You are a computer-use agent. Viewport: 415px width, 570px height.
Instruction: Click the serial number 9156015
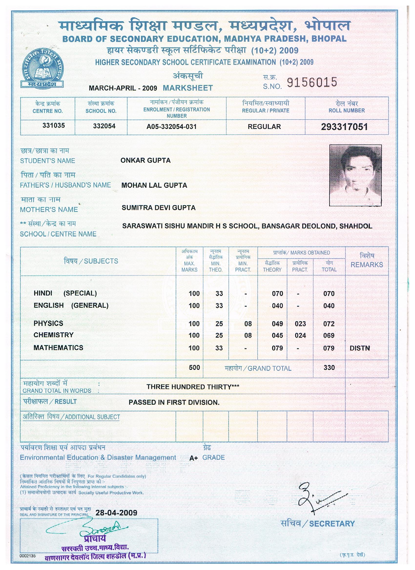[312, 82]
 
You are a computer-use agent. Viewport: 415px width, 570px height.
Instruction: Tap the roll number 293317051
[344, 127]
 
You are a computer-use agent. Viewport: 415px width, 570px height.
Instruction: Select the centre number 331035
[54, 125]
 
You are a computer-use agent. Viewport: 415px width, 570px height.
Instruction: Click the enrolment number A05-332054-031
[171, 127]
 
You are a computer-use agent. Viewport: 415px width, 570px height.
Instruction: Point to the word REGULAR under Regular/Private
[264, 127]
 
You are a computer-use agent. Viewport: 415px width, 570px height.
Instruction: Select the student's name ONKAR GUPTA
[145, 160]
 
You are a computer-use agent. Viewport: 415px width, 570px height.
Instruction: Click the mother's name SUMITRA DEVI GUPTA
[158, 207]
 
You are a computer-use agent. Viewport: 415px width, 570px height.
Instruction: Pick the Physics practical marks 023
[300, 324]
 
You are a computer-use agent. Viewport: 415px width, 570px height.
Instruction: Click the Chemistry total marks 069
[329, 335]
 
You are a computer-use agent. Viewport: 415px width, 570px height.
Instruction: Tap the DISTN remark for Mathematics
[360, 348]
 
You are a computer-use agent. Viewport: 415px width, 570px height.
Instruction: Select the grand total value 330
[329, 368]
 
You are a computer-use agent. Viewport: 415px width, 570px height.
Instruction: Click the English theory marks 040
[277, 306]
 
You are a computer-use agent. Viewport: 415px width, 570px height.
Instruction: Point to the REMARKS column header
[367, 265]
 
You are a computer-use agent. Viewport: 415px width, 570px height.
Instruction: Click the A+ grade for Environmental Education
[194, 458]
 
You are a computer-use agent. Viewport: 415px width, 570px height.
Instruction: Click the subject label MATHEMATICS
[58, 348]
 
